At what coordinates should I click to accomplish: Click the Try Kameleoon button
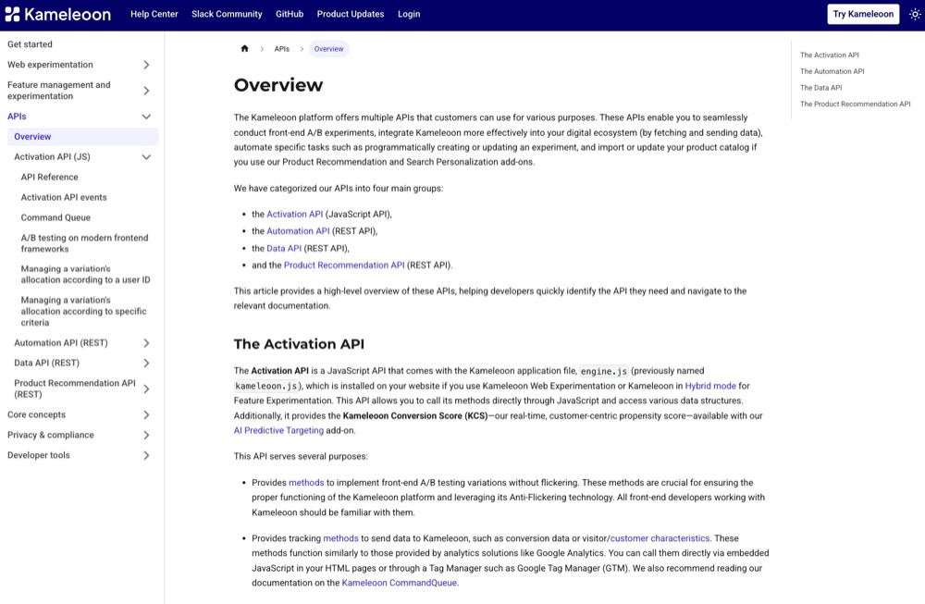pyautogui.click(x=863, y=14)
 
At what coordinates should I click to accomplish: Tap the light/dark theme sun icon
pyautogui.click(x=915, y=14)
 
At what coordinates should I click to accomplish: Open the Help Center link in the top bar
pyautogui.click(x=154, y=14)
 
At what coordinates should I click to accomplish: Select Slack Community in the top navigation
pyautogui.click(x=228, y=14)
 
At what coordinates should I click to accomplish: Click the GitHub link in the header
pyautogui.click(x=289, y=14)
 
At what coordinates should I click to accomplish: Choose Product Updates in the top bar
pyautogui.click(x=351, y=14)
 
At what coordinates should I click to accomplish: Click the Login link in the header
pyautogui.click(x=409, y=14)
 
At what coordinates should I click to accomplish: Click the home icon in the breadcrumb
pyautogui.click(x=245, y=49)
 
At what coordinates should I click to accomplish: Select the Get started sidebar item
pyautogui.click(x=31, y=44)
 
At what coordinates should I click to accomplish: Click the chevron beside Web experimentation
pyautogui.click(x=146, y=65)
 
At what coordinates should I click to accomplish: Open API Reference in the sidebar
pyautogui.click(x=50, y=177)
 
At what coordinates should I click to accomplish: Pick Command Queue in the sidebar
pyautogui.click(x=55, y=217)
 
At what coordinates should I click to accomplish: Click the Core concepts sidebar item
pyautogui.click(x=37, y=414)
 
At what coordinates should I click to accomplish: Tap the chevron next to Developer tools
pyautogui.click(x=146, y=455)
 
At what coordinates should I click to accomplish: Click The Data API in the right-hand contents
pyautogui.click(x=820, y=88)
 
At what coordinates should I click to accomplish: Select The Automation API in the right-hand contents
pyautogui.click(x=832, y=71)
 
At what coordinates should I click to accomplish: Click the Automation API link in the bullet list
pyautogui.click(x=298, y=231)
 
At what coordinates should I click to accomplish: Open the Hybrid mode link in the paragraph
pyautogui.click(x=710, y=386)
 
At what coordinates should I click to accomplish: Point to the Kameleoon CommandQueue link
pyautogui.click(x=399, y=583)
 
